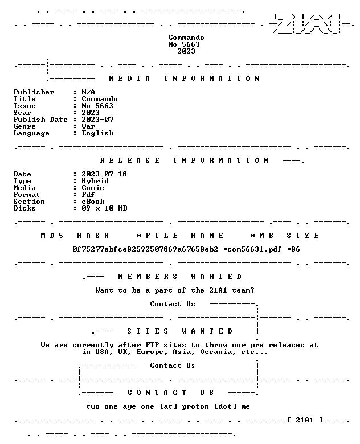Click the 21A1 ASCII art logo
tap(308, 23)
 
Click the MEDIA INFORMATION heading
tap(184, 79)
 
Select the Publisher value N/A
tap(88, 92)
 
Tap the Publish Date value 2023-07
tap(97, 120)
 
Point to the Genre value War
tap(88, 126)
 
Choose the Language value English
tap(97, 133)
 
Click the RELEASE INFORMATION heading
tap(184, 161)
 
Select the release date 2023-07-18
tap(104, 174)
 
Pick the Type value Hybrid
tap(95, 181)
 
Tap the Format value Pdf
tap(88, 195)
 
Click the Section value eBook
tap(93, 202)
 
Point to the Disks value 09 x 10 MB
tap(104, 208)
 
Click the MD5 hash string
tap(145, 249)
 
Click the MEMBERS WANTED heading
tap(180, 277)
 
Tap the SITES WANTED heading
tap(180, 331)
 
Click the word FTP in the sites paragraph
tap(152, 345)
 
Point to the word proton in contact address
tap(195, 406)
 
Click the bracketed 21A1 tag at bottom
tap(305, 420)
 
